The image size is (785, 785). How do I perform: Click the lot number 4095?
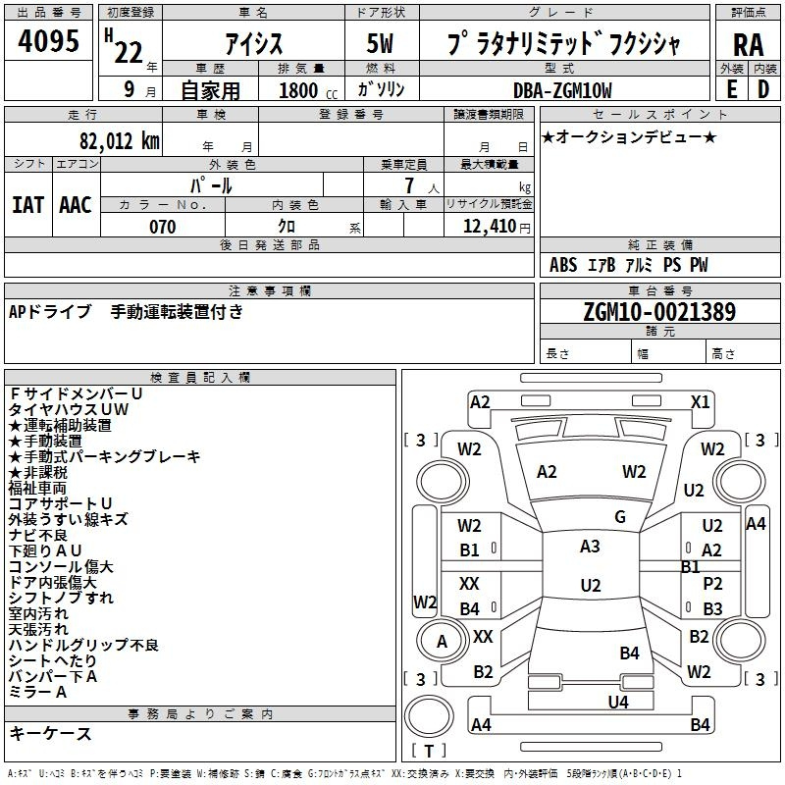[x=48, y=40]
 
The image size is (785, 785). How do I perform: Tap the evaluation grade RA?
[x=748, y=45]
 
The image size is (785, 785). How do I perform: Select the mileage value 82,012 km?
[x=119, y=140]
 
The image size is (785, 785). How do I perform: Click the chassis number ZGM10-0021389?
[x=659, y=311]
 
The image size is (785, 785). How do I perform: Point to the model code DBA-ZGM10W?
[x=562, y=90]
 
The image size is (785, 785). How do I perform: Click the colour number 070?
[x=163, y=227]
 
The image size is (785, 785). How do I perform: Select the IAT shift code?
[x=28, y=205]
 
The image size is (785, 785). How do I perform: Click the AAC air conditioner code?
[x=76, y=205]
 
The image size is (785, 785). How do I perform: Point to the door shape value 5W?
[x=380, y=43]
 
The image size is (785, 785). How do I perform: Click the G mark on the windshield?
[x=620, y=517]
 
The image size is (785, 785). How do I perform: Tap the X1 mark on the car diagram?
[x=700, y=402]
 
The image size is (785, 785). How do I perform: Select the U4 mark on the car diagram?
[x=618, y=702]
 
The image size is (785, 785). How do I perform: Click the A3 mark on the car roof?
[x=590, y=547]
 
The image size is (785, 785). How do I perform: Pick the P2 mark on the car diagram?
[x=712, y=583]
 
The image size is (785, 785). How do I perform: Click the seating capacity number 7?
[x=409, y=185]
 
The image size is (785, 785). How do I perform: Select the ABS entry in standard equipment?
[x=563, y=264]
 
